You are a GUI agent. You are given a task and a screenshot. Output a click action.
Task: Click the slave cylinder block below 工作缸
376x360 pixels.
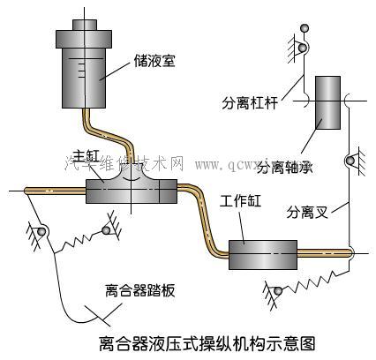[261, 255]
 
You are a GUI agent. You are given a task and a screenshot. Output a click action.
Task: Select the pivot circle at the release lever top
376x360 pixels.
[303, 48]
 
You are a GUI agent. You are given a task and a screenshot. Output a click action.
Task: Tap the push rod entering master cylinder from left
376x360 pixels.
[44, 190]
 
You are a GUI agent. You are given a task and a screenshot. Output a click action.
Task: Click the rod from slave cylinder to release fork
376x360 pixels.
[323, 252]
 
